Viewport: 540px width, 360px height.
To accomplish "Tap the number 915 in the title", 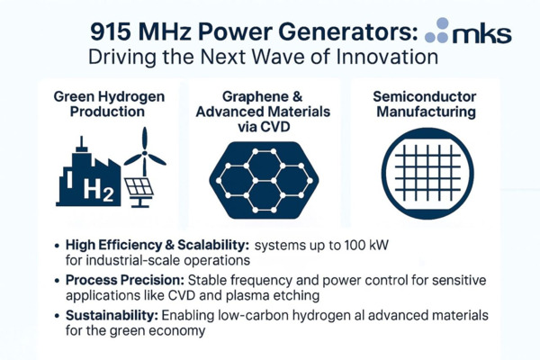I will [112, 33].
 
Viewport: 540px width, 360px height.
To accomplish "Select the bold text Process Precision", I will [126, 279].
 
